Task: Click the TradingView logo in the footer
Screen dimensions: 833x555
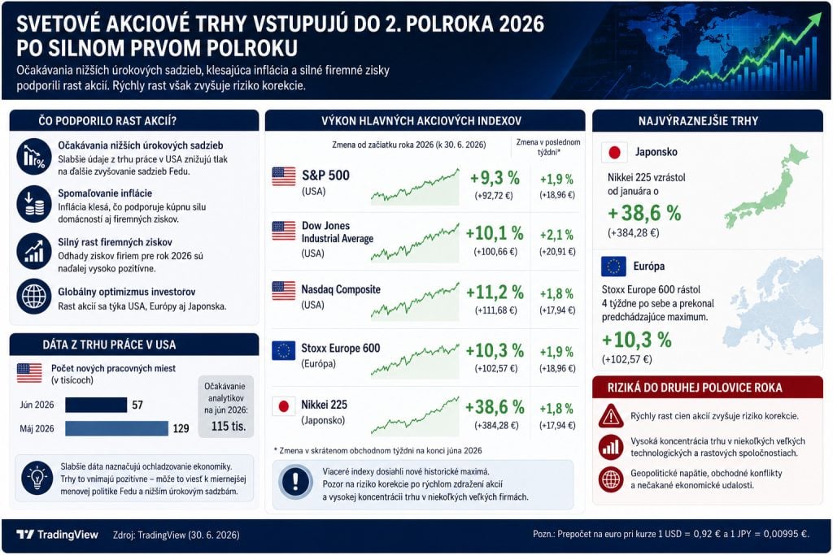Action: [57, 535]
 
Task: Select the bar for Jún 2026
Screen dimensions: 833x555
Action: [96, 405]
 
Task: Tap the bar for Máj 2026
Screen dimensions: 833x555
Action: [117, 428]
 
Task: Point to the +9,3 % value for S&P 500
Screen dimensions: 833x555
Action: [495, 178]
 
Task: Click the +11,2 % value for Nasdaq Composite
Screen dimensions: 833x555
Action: [495, 293]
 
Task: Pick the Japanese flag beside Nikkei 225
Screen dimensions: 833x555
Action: [284, 406]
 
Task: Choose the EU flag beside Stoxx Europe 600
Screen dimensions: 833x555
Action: [284, 350]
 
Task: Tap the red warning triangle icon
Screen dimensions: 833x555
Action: [611, 416]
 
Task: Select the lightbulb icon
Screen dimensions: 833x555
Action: [37, 478]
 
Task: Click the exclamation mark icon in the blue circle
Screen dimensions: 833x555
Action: [295, 482]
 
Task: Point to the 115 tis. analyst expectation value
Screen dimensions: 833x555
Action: [229, 426]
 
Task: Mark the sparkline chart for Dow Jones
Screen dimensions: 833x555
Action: [415, 243]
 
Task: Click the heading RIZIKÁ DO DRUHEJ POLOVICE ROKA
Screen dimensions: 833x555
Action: [695, 388]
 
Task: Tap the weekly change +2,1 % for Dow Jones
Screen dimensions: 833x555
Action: [556, 235]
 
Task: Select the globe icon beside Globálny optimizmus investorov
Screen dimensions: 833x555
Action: [34, 296]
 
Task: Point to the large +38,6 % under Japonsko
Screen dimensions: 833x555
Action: [644, 213]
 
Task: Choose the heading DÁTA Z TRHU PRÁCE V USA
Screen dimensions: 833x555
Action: [110, 345]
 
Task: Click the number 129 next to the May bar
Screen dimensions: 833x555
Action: [181, 429]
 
